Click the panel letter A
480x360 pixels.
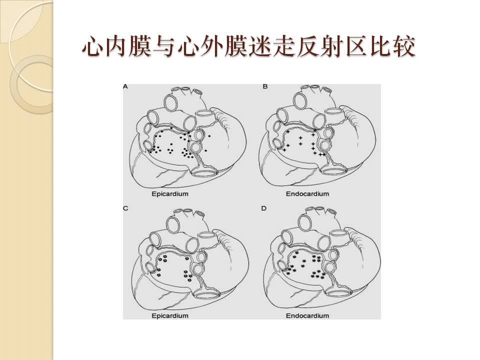(x=125, y=87)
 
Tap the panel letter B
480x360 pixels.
(x=265, y=86)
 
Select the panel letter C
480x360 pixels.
(x=125, y=208)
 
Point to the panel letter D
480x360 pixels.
(x=264, y=208)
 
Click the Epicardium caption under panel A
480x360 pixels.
(x=170, y=194)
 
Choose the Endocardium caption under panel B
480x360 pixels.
(x=307, y=194)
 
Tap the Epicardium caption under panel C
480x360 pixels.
(x=170, y=315)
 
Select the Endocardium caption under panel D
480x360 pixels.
(x=307, y=315)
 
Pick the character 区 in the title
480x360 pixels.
(x=355, y=46)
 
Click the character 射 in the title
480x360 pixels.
(x=331, y=46)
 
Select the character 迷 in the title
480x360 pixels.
(x=260, y=46)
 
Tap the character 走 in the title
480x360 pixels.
(x=284, y=46)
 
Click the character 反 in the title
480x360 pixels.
(x=307, y=46)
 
